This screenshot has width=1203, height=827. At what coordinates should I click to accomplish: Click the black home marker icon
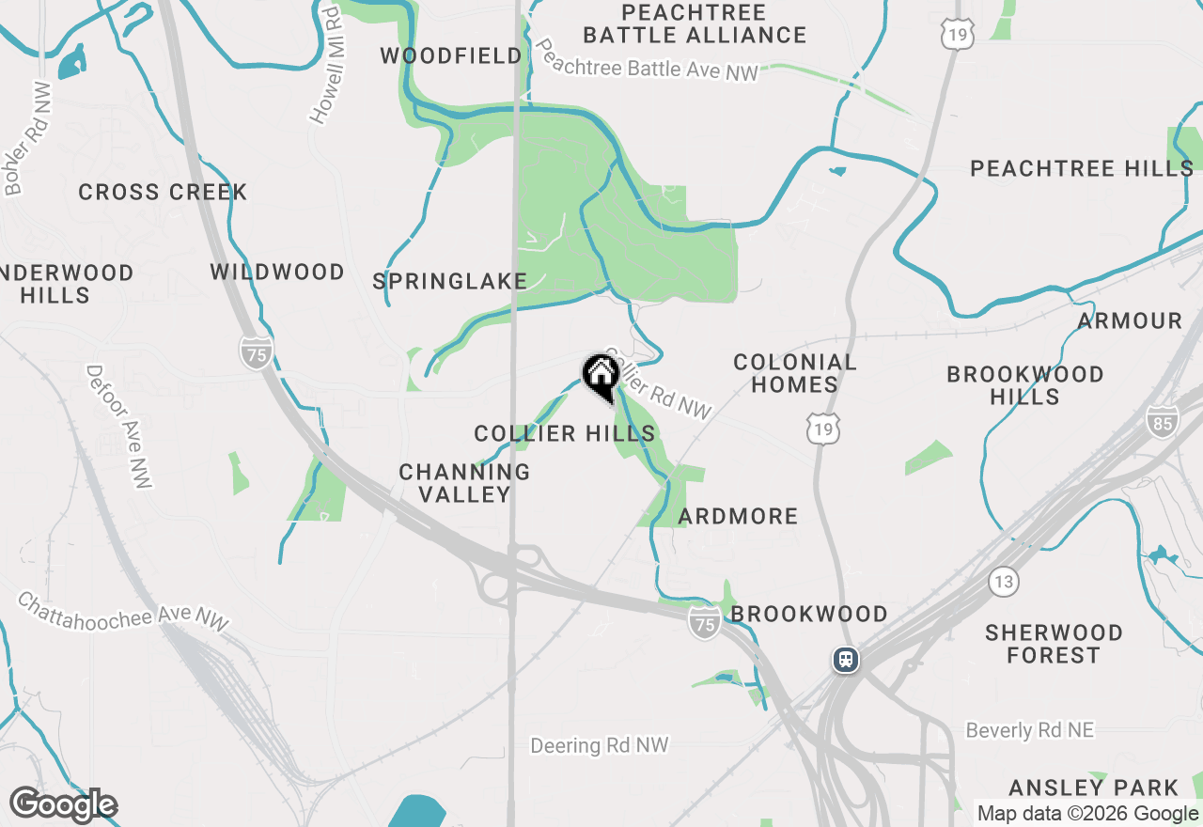tap(601, 376)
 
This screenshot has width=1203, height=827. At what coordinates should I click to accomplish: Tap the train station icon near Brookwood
tap(846, 660)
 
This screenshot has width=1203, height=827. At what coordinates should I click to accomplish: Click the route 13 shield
tap(1004, 582)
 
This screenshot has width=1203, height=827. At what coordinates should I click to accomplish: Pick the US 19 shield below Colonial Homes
tap(823, 429)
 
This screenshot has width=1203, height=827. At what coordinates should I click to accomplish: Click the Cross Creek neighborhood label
tap(163, 193)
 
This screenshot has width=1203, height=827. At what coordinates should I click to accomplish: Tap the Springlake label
tap(450, 281)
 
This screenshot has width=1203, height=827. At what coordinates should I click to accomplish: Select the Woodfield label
tap(451, 56)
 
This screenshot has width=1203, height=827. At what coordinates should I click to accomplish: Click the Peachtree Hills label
tap(1082, 169)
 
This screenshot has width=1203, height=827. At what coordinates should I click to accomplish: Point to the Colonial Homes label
tap(795, 373)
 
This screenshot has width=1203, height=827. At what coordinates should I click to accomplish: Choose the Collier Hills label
tap(565, 433)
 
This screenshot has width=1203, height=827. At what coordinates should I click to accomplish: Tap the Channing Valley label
tap(464, 483)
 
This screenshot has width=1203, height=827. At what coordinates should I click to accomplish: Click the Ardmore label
tap(738, 516)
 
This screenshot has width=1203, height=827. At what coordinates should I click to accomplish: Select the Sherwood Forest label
tap(1054, 644)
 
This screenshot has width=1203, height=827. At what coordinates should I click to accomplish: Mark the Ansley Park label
tap(1093, 788)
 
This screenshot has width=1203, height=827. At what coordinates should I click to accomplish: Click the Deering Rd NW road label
tap(600, 746)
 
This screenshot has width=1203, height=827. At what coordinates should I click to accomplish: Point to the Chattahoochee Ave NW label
tap(122, 611)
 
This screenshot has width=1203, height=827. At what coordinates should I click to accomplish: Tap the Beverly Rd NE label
tap(1030, 730)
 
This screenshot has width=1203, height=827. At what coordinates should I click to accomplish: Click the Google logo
tap(63, 804)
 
